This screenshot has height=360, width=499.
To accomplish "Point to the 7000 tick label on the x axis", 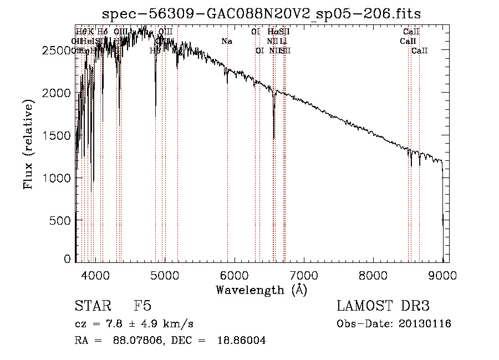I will tap(303, 274).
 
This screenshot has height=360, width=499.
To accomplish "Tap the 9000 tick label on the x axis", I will tap(442, 274).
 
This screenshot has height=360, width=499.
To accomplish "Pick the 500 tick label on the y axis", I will tap(61, 220).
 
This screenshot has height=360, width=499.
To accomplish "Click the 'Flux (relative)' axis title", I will tap(28, 144).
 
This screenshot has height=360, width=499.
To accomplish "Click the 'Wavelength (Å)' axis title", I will tap(261, 290).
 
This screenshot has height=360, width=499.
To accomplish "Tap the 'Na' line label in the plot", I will tap(226, 41).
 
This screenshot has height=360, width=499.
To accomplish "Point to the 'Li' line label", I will tap(283, 41).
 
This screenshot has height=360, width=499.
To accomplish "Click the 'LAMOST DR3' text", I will tap(383, 306).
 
